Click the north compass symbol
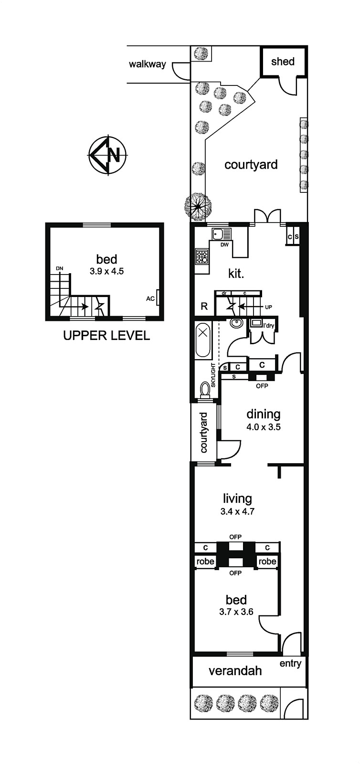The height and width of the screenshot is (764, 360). (108, 155)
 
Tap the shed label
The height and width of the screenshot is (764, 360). (283, 62)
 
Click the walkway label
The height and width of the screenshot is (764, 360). (147, 64)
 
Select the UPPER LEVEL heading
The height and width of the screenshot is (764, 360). (106, 336)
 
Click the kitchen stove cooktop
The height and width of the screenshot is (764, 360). (201, 256)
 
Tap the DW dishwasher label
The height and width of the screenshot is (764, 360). (224, 244)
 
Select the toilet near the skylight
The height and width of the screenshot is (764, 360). (205, 390)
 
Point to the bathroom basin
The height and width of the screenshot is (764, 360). (235, 323)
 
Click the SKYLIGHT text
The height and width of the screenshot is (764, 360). (213, 375)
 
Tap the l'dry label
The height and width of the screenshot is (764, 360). (269, 325)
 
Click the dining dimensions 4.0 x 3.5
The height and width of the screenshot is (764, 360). (264, 427)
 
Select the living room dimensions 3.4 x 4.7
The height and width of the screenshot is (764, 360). (237, 511)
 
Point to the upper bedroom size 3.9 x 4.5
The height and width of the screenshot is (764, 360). (106, 272)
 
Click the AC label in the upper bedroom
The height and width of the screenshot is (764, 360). (150, 299)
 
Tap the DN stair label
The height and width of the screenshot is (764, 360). (60, 268)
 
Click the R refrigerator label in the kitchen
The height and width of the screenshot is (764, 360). (204, 306)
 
